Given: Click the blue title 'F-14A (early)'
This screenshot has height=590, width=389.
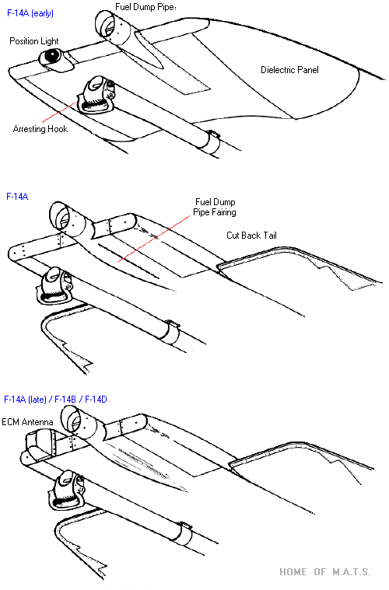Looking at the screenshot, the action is (30, 13).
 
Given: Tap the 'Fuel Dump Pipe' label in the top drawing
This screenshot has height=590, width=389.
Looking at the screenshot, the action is (145, 7).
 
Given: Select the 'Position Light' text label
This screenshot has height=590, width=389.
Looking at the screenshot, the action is (34, 41).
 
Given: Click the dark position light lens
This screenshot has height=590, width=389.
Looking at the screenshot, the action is (52, 56).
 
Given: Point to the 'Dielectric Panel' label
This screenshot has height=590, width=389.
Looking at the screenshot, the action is (289, 70).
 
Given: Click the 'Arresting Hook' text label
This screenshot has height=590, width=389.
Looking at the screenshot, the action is (40, 129).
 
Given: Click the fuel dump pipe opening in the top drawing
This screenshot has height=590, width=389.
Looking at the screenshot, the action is (105, 23).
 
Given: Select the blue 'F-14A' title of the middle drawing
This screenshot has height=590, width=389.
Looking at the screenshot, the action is (17, 197).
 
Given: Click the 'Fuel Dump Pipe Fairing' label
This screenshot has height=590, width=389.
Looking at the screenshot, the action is (215, 207).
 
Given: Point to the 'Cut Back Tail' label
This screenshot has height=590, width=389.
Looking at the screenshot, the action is (251, 236).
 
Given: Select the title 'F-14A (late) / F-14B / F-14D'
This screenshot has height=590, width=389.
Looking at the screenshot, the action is (55, 400).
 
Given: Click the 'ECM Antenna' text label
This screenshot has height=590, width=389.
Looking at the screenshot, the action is (27, 422).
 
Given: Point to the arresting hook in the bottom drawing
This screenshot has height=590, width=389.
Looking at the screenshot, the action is (67, 490).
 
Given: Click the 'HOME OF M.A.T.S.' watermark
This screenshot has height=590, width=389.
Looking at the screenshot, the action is (325, 572).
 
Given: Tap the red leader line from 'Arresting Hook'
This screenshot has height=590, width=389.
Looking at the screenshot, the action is (59, 112).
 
